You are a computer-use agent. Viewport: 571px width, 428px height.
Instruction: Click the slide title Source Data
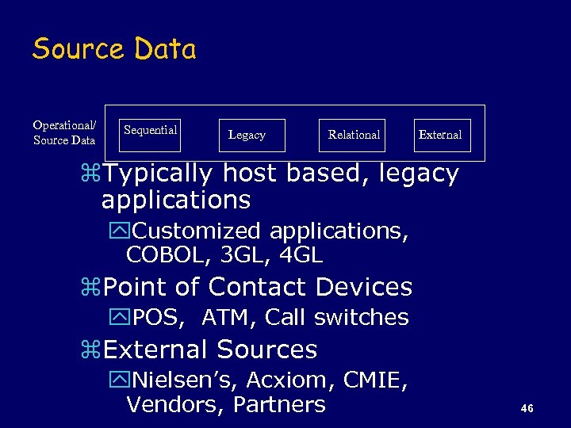(x=114, y=49)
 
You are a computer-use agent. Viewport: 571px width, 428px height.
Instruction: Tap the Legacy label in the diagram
(x=247, y=136)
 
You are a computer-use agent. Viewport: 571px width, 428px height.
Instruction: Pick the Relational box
(x=354, y=135)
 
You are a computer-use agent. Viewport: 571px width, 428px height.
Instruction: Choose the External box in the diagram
(x=441, y=135)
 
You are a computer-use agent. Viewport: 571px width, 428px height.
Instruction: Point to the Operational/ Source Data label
(x=64, y=132)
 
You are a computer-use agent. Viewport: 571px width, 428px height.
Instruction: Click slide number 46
(x=527, y=408)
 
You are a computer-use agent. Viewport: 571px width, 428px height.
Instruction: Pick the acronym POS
(x=158, y=318)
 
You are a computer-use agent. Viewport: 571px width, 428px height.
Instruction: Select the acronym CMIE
(x=375, y=380)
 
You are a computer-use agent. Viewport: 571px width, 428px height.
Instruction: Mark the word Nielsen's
(x=190, y=380)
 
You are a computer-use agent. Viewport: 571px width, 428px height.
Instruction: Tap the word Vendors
(x=174, y=405)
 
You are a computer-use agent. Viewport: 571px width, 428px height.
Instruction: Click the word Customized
(x=197, y=231)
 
